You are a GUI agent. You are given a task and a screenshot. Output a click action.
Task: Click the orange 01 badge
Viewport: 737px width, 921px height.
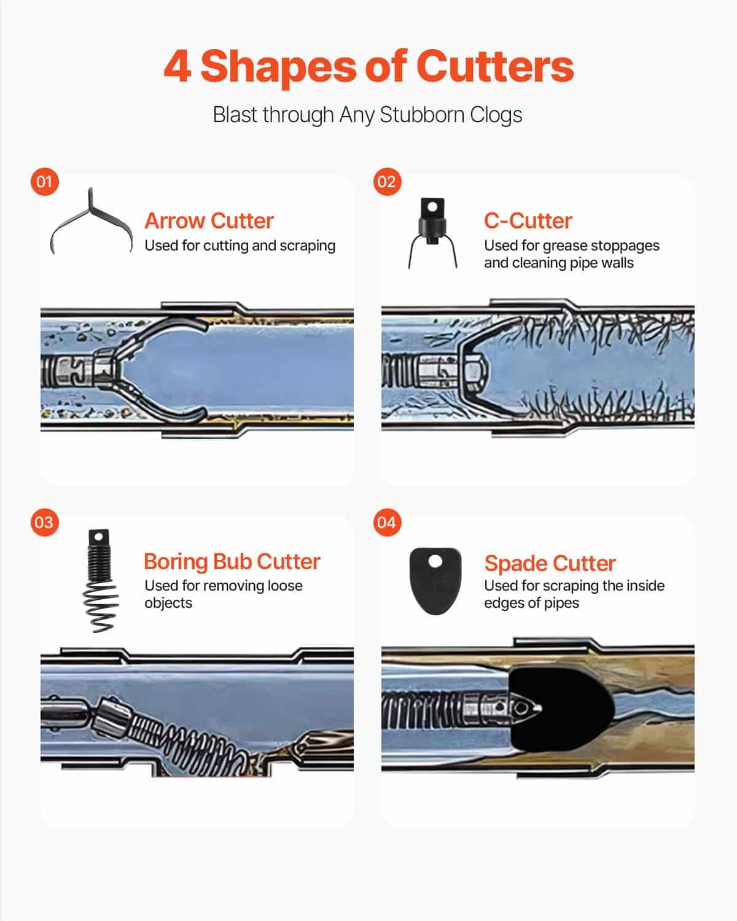pos(45,182)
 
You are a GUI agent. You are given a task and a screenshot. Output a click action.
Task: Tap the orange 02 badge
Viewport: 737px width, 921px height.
pos(387,182)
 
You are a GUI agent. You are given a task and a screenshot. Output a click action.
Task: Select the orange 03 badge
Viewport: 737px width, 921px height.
pos(45,522)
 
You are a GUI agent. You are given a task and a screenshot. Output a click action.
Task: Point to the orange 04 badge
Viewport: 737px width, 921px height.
pos(387,522)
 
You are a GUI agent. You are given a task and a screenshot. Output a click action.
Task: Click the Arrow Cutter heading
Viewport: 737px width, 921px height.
pos(209,221)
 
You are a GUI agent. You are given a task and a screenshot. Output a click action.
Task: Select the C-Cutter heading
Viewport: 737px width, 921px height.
pos(528,221)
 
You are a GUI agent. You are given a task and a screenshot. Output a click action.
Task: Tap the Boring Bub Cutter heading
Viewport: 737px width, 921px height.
pos(232,561)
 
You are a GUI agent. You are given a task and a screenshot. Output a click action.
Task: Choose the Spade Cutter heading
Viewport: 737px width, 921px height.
pos(550,563)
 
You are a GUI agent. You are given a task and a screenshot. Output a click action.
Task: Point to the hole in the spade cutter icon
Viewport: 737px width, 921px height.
pos(435,561)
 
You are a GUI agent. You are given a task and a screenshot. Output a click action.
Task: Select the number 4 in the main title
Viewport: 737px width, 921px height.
pos(177,66)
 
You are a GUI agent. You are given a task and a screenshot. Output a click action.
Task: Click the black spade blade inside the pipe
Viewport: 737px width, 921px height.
pos(562,709)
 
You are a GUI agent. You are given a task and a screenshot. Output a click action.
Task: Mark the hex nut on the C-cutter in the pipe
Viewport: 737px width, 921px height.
pos(475,371)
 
